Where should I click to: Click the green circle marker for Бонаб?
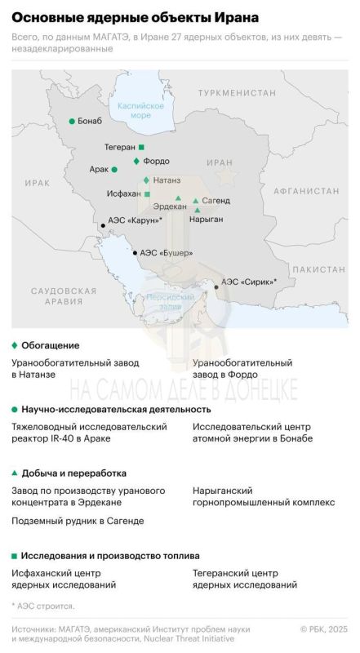pyautogui.click(x=72, y=122)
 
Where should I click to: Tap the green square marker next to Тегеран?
pyautogui.click(x=141, y=147)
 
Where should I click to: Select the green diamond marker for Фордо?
pyautogui.click(x=136, y=161)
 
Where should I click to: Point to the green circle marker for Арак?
pyautogui.click(x=114, y=170)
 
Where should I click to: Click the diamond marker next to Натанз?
pyautogui.click(x=146, y=180)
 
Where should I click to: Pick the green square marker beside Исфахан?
pyautogui.click(x=147, y=194)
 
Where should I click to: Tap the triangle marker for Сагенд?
pyautogui.click(x=195, y=201)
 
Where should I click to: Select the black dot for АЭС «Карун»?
pyautogui.click(x=102, y=224)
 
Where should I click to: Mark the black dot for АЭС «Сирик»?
pyautogui.click(x=216, y=287)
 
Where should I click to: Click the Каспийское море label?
pyautogui.click(x=141, y=110)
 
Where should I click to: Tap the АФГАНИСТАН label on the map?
pyautogui.click(x=305, y=190)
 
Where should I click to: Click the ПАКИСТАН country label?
pyautogui.click(x=319, y=269)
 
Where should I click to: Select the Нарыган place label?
pyautogui.click(x=206, y=219)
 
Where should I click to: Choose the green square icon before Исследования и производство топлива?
pyautogui.click(x=15, y=556)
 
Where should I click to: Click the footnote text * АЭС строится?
pyautogui.click(x=43, y=606)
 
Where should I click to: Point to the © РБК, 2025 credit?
pyautogui.click(x=323, y=629)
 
